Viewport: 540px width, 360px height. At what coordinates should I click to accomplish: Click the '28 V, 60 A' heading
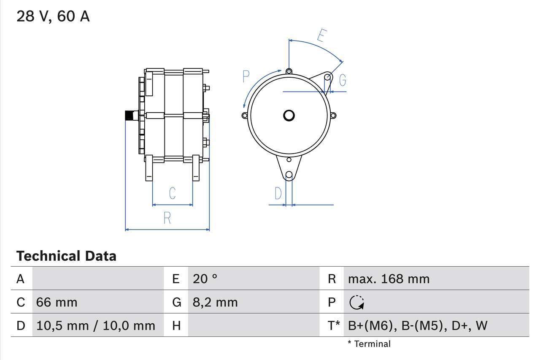click(53, 16)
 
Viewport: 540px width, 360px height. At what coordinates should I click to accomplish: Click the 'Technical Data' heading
click(66, 256)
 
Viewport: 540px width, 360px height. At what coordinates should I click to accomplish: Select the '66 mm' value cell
click(57, 302)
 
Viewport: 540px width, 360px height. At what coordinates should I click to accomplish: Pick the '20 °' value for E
click(205, 279)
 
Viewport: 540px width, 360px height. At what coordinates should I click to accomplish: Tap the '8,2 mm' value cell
click(215, 302)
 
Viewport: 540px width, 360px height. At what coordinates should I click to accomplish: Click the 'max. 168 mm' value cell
click(389, 279)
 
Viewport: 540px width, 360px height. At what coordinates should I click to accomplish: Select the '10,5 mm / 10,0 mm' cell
click(96, 325)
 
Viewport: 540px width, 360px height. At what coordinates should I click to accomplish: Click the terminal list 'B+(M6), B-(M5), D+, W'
click(418, 325)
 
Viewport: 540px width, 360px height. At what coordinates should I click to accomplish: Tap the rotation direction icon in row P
click(356, 302)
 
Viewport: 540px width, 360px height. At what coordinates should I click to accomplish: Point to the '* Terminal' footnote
click(369, 344)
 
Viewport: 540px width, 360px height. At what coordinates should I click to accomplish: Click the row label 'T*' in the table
click(334, 325)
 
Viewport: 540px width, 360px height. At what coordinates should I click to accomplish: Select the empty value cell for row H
click(253, 325)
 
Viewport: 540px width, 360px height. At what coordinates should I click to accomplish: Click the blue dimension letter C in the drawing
click(172, 193)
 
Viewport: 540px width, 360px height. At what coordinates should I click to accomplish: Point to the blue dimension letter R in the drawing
click(167, 218)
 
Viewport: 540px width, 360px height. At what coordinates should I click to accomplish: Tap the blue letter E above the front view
click(321, 36)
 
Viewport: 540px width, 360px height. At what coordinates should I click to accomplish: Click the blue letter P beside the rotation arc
click(246, 76)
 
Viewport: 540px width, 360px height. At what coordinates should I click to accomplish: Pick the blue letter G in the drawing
click(343, 80)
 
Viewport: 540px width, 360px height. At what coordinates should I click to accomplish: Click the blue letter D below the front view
click(278, 193)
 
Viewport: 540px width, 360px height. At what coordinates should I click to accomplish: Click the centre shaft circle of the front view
click(289, 115)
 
